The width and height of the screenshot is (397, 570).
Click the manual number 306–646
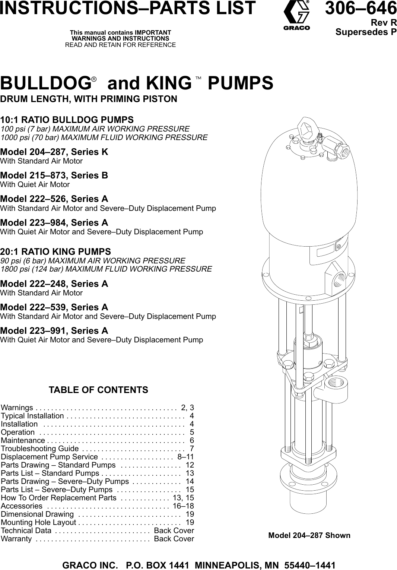[x=361, y=8]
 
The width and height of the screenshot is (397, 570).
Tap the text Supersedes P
[x=366, y=32]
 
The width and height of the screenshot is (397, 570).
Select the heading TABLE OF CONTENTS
[x=98, y=390]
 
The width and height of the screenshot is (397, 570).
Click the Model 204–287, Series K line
[x=54, y=152]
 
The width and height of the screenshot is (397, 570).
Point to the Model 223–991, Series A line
[x=54, y=330]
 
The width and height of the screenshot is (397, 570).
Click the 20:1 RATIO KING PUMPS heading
[x=55, y=251]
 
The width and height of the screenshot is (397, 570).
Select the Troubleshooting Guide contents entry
[x=40, y=449]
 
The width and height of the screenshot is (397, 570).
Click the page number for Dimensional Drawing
[x=190, y=514]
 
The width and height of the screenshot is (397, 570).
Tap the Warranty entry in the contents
[x=16, y=539]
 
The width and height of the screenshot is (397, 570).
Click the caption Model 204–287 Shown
[x=309, y=535]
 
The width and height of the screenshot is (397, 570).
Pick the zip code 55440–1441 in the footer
[x=310, y=565]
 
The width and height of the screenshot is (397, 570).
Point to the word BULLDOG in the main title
[x=45, y=83]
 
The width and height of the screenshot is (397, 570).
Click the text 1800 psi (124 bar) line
[x=106, y=269]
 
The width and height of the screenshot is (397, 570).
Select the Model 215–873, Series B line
[x=54, y=175]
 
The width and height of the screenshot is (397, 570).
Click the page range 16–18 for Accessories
[x=183, y=506]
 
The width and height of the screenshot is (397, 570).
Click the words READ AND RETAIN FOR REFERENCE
[x=120, y=45]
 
